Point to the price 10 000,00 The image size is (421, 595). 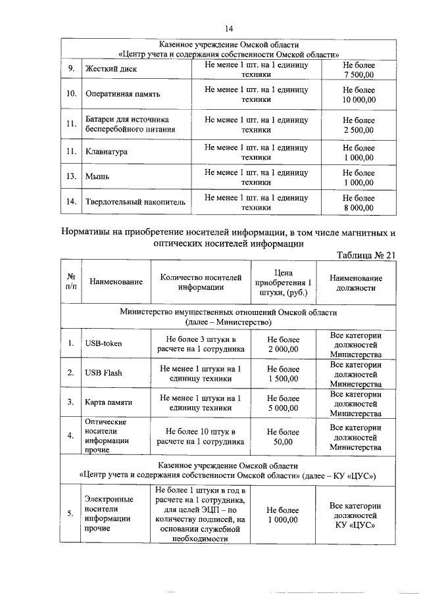pos(359,100)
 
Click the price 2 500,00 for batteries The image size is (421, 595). pos(359,130)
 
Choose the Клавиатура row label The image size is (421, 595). pos(107,153)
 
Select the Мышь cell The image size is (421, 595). pos(97,177)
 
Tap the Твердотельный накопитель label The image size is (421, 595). pos(136,202)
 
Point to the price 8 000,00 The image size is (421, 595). pos(359,208)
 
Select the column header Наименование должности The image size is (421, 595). pos(355,283)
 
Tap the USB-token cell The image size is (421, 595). pos(103,343)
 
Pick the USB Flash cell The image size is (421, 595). pos(103,373)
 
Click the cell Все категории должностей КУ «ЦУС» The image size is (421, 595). pos(355,516)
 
